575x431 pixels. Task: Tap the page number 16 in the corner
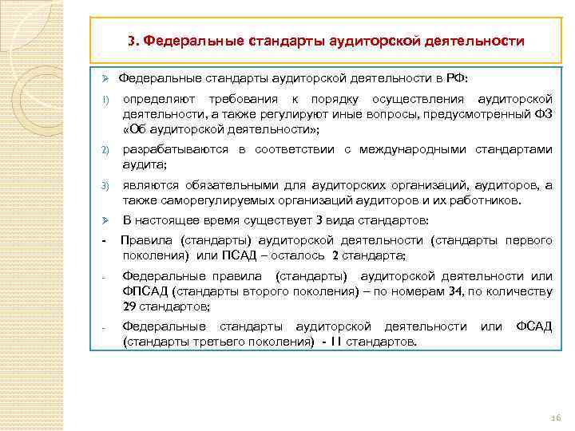(557, 417)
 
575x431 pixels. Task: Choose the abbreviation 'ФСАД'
(533, 326)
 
